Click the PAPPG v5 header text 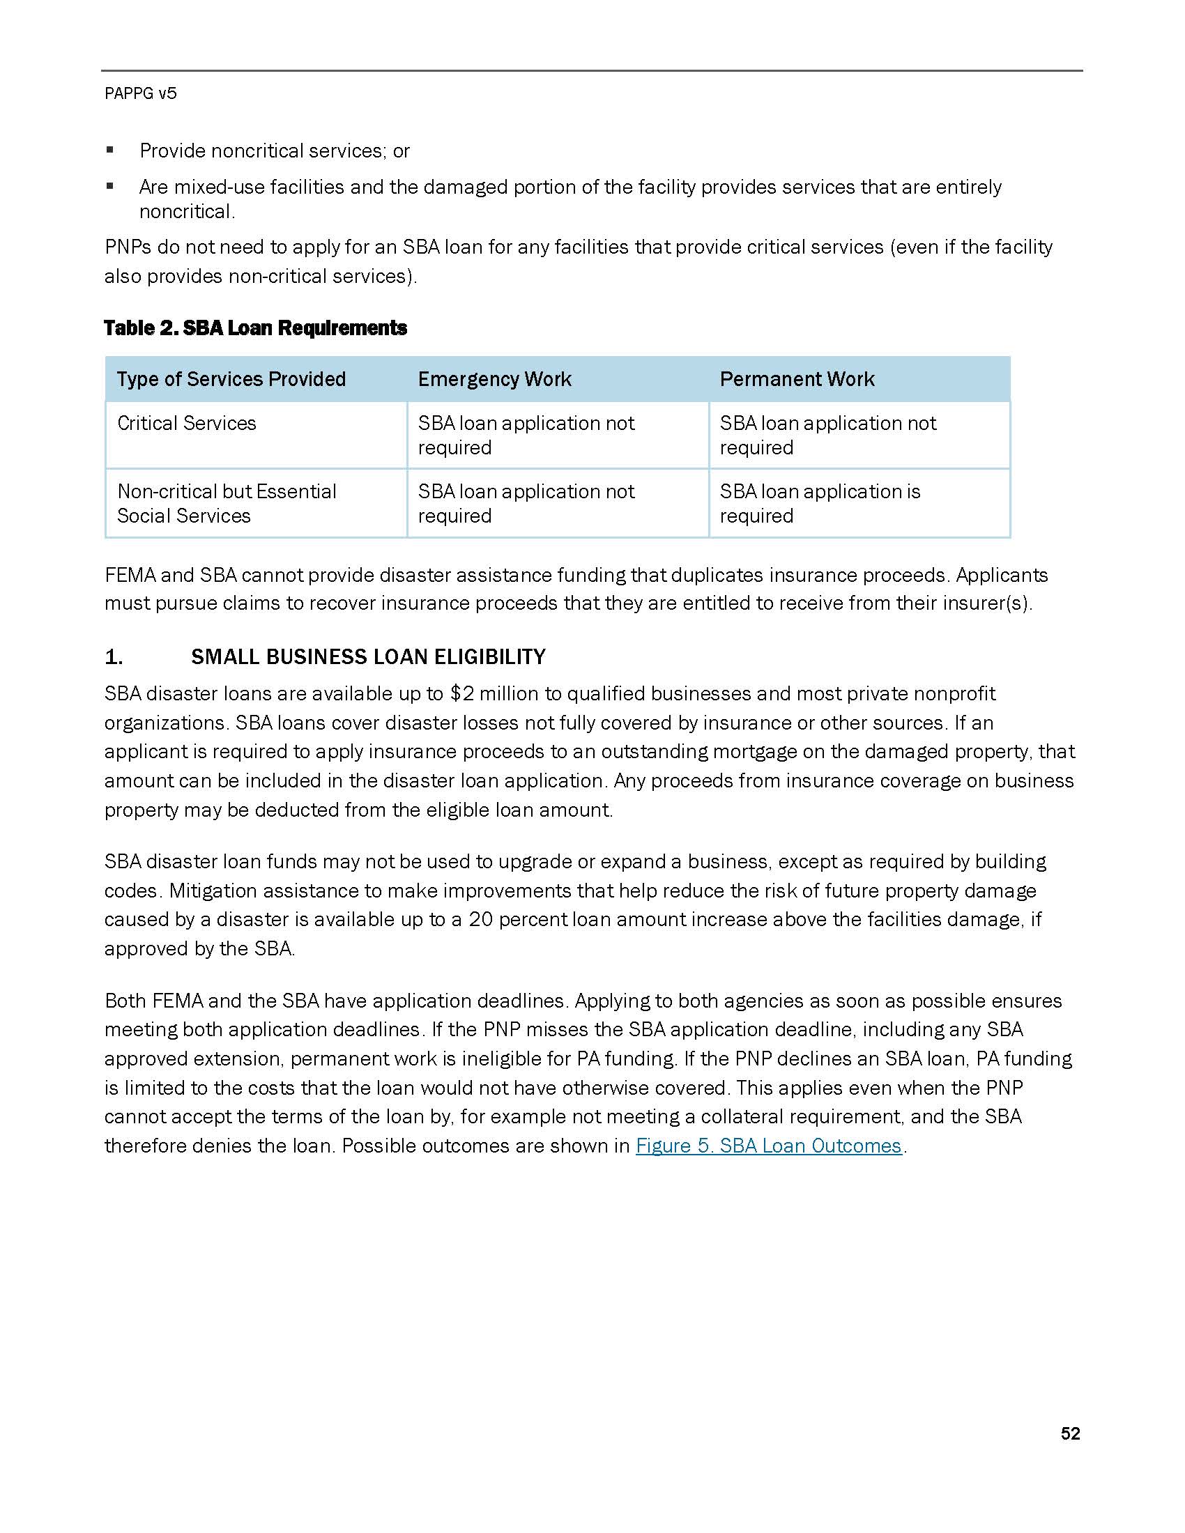(140, 93)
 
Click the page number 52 (1070, 1433)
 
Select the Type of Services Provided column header (231, 379)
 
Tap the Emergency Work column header (494, 379)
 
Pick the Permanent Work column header (797, 379)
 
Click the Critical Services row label (187, 423)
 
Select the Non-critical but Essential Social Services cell (226, 503)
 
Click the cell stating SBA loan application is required (819, 503)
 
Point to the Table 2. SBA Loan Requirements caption (256, 328)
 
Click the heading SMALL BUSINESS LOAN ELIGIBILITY (368, 657)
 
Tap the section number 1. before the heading (114, 657)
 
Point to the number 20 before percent (481, 920)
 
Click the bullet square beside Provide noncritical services (109, 151)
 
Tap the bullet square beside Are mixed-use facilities (109, 187)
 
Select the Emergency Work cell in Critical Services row (526, 436)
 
